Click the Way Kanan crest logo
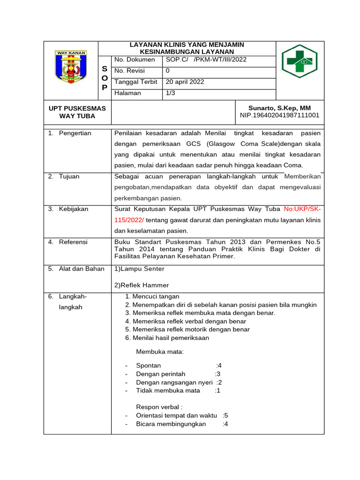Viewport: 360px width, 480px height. (x=71, y=70)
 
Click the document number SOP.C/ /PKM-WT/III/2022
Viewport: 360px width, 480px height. (x=206, y=60)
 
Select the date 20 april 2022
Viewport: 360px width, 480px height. (x=185, y=82)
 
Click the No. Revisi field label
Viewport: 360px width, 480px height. (x=130, y=71)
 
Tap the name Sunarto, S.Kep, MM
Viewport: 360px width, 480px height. (x=279, y=108)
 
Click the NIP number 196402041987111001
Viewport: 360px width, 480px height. (x=279, y=115)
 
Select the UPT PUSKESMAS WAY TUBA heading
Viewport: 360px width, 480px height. (x=77, y=112)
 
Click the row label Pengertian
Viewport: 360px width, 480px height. (x=75, y=133)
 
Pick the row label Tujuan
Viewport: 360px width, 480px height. (x=69, y=176)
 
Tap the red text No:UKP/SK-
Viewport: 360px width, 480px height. (x=302, y=209)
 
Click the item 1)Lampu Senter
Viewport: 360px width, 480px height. (x=139, y=269)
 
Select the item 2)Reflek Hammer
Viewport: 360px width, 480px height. (x=142, y=285)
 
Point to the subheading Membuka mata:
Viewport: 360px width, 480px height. (x=160, y=351)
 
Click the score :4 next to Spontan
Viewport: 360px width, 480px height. (x=218, y=366)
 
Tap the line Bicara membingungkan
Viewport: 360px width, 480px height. (x=171, y=424)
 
